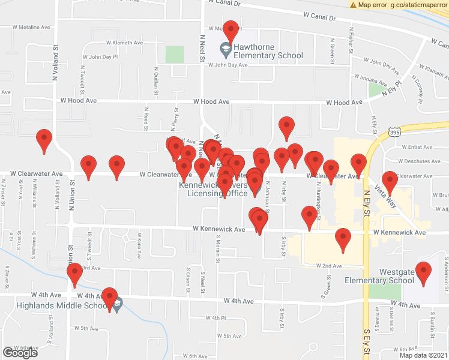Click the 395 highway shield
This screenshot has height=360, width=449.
pos(394,131)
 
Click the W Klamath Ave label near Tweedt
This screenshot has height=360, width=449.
pos(125,43)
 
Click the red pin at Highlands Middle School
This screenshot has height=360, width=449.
pos(109,296)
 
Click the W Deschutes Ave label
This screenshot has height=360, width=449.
pos(418,161)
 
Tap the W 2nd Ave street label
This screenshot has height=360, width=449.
pos(329,265)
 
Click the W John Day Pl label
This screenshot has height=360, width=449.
pos(100,57)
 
